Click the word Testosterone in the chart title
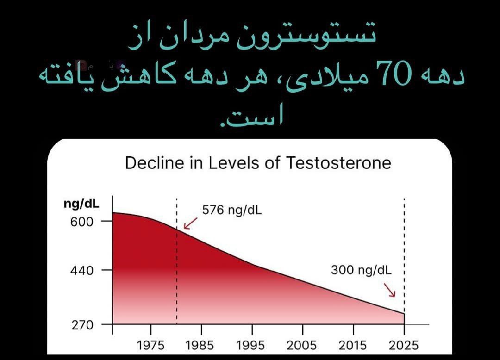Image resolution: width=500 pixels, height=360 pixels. tap(338, 163)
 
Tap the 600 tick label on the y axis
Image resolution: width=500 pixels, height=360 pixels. tap(81, 222)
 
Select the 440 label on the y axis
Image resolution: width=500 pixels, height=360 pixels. tap(81, 271)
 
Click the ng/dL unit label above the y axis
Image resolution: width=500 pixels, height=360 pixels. tap(81, 204)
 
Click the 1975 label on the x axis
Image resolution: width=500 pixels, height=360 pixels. tap(150, 345)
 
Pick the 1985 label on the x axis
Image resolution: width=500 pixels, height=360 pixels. tap(200, 345)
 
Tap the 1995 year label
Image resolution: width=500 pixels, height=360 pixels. tap(250, 345)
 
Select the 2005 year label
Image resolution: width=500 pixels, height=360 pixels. tap(302, 345)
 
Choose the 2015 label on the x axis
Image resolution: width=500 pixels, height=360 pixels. tap(352, 345)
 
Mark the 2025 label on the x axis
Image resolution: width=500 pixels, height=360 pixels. tap(403, 345)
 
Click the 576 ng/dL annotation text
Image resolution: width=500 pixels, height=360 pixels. tap(232, 210)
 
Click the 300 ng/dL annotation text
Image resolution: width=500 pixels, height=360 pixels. tap(361, 270)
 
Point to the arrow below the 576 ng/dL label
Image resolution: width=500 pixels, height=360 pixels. tap(191, 223)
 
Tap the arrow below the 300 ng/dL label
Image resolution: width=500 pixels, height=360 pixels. tap(390, 290)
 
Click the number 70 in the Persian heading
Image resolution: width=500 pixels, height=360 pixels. tap(394, 74)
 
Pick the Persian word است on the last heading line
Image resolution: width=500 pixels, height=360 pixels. tap(252, 117)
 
